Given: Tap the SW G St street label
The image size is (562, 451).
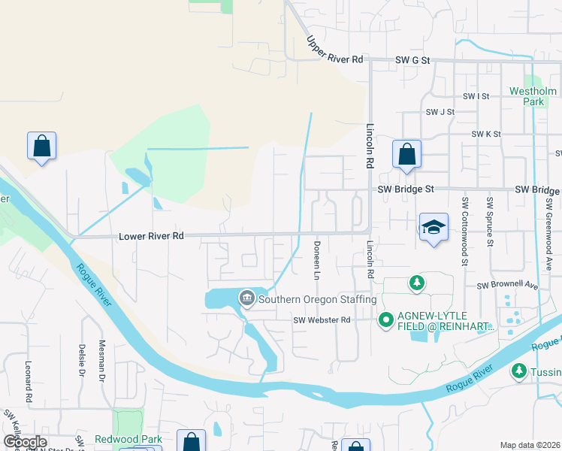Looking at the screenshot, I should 412,60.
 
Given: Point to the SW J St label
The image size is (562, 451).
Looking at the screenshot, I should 440,112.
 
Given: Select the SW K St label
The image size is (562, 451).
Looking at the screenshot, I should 486,134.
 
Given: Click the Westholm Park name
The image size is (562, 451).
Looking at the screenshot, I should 532,96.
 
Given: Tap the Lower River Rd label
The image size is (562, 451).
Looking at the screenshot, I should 151,236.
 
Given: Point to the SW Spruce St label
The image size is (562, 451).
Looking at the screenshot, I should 490,222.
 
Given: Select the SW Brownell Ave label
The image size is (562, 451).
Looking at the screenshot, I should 508,286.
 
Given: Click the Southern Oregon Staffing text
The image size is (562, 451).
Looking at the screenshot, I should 316,300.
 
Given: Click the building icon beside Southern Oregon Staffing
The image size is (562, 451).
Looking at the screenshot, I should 246,299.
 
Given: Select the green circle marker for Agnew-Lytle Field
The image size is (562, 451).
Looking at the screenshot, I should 386,321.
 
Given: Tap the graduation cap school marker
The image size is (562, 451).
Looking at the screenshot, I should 434,228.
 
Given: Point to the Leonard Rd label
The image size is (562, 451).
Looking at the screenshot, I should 29,380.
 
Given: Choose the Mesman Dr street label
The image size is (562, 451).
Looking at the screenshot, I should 102,361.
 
